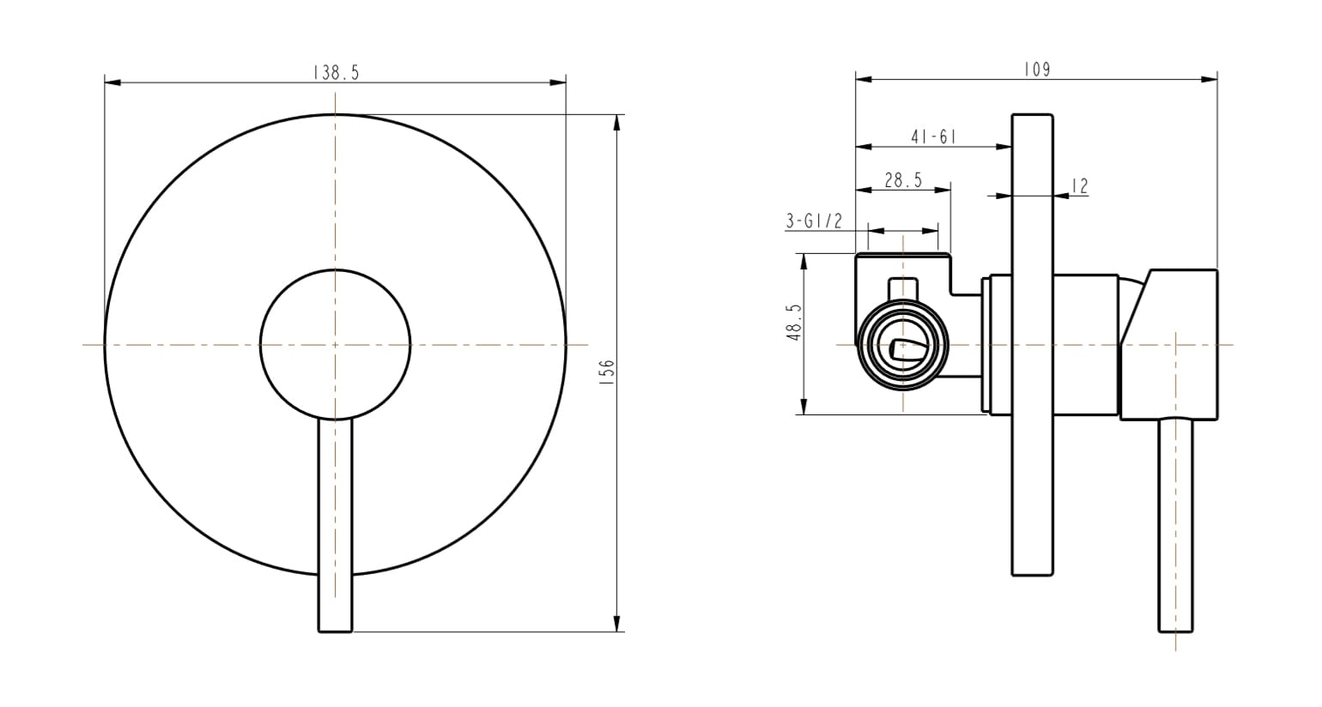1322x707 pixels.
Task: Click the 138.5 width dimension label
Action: pos(336,73)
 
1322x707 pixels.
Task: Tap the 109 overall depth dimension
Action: pos(1037,69)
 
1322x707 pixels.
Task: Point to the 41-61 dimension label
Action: pos(933,136)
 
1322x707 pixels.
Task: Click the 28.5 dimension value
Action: pos(903,179)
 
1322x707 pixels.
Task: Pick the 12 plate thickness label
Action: pos(1080,185)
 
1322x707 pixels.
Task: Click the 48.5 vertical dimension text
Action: pos(793,322)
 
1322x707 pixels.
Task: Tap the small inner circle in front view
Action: pos(335,345)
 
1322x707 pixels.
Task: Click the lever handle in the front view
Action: pos(335,523)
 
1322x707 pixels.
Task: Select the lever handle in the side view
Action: pos(1176,523)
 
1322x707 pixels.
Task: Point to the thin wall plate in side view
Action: pos(1032,480)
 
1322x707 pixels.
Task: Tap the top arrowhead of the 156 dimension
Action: pos(616,121)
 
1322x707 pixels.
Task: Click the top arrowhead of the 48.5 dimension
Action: pos(804,260)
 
